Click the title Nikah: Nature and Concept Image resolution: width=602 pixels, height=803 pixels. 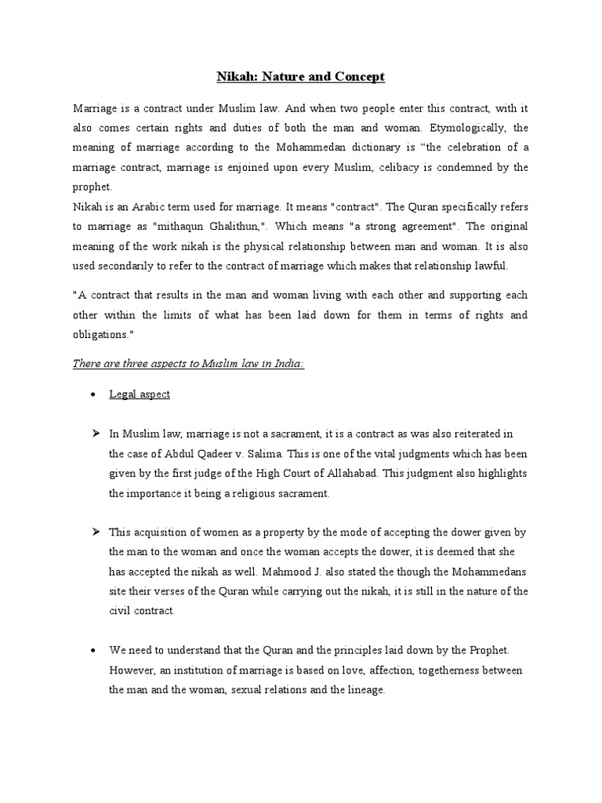(x=301, y=77)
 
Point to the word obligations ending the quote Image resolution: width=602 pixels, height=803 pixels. (x=104, y=335)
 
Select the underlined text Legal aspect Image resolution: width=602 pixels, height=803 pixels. (x=140, y=394)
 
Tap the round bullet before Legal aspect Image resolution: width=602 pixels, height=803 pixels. (x=93, y=395)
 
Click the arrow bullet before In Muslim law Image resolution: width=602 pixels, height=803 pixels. (x=94, y=434)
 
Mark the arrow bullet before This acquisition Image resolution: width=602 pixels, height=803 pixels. (x=94, y=532)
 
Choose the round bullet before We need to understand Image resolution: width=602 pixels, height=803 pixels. (x=93, y=652)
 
